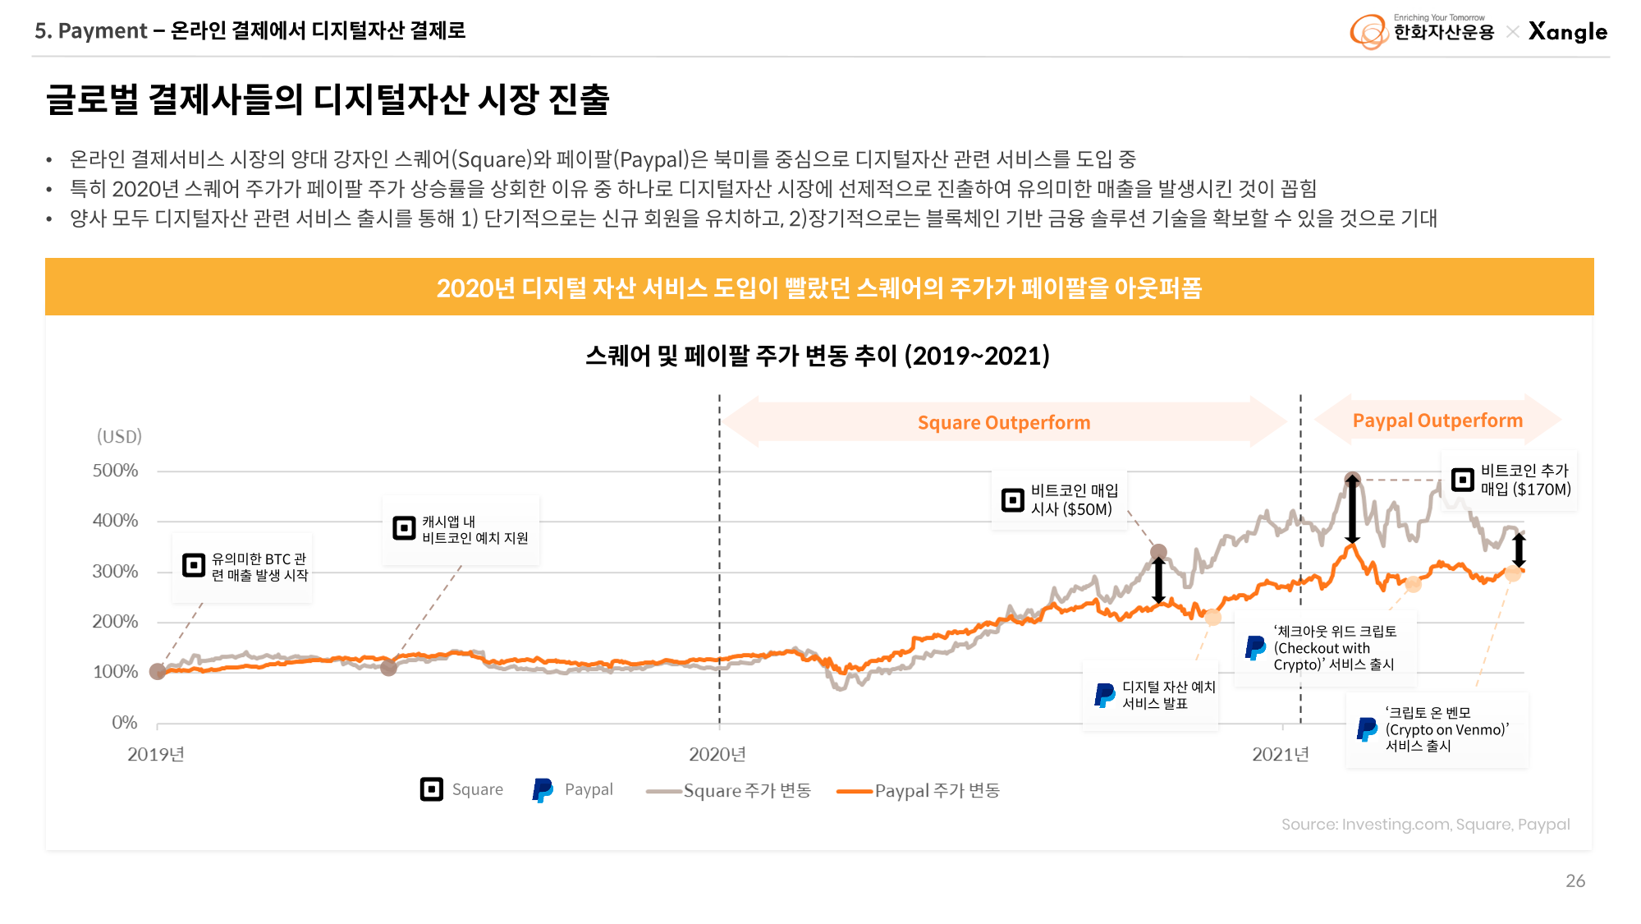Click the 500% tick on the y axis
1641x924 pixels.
click(115, 471)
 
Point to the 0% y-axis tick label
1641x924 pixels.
click(125, 723)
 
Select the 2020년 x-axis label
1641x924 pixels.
click(717, 755)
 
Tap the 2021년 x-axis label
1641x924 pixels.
click(1280, 755)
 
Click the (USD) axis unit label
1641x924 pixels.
click(120, 436)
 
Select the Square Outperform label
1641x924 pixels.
click(1003, 423)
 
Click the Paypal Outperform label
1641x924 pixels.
click(1437, 421)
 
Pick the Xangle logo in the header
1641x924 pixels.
click(1567, 32)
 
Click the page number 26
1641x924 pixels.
click(1575, 881)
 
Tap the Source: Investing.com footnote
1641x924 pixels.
click(1425, 825)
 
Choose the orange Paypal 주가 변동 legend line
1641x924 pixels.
click(854, 791)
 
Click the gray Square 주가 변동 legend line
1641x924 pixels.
click(663, 791)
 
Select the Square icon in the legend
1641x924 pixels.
click(432, 789)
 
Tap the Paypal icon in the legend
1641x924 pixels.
click(543, 790)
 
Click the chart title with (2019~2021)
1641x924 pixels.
click(818, 356)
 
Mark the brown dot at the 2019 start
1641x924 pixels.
click(158, 672)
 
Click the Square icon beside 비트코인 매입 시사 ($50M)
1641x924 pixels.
click(1013, 499)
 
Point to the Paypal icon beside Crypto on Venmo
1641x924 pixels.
click(1367, 729)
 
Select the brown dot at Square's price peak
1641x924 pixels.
click(1352, 479)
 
